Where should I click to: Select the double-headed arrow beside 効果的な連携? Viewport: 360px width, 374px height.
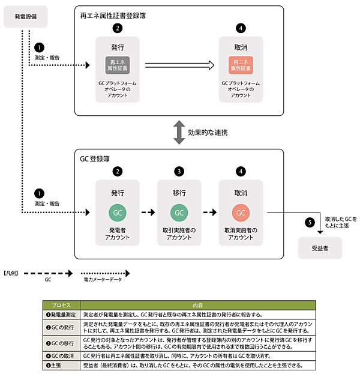178,132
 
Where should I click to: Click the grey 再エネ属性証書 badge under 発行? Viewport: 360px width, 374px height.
118,65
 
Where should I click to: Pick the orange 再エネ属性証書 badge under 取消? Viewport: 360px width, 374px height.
240,65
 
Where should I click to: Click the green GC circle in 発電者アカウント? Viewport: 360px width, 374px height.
118,213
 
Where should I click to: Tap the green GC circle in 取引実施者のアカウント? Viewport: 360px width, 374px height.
179,213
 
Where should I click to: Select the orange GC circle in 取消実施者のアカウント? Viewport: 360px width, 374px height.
240,213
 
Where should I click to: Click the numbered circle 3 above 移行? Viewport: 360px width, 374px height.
179,172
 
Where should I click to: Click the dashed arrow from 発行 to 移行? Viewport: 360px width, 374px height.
148,213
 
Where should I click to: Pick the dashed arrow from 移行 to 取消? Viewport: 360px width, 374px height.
209,213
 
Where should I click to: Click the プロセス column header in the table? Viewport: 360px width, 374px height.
61,305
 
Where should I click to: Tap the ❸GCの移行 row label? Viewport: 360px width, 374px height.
61,343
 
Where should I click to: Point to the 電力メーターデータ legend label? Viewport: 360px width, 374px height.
103,280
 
